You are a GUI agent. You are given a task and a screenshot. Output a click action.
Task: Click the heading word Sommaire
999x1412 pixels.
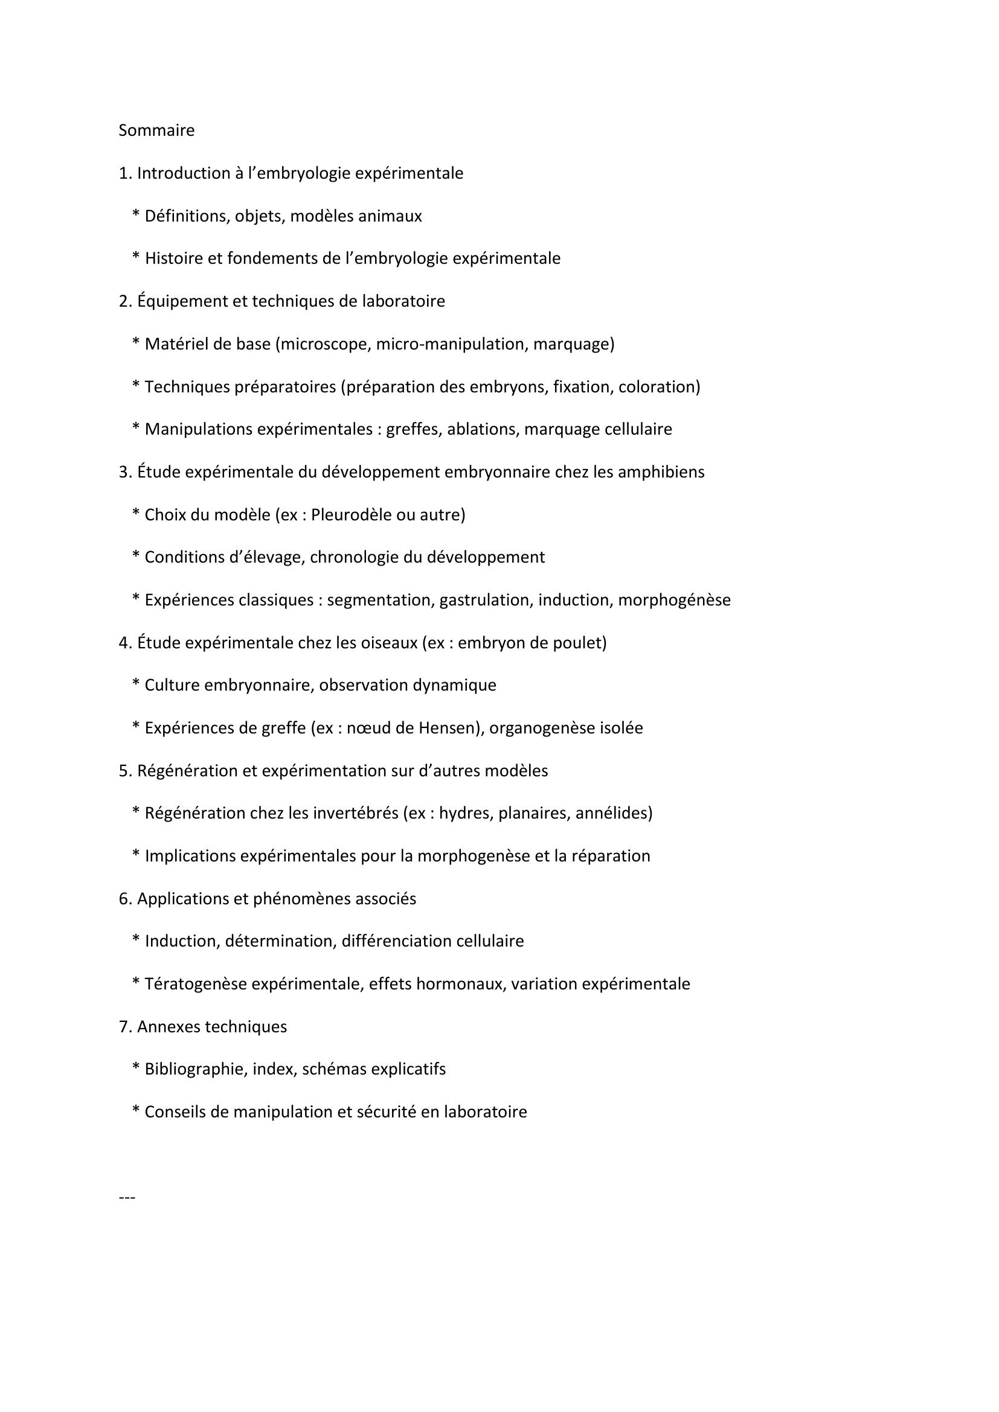pos(156,130)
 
